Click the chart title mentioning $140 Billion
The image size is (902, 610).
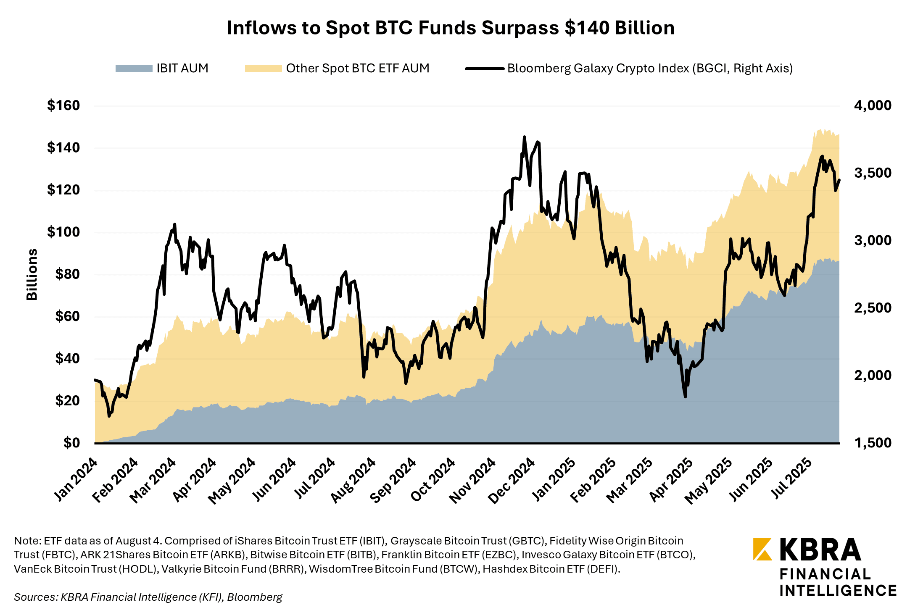pyautogui.click(x=451, y=28)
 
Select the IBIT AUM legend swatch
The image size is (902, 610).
pyautogui.click(x=134, y=68)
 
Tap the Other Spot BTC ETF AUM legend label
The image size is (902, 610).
pyautogui.click(x=358, y=68)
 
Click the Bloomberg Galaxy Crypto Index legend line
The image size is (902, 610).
pyautogui.click(x=485, y=68)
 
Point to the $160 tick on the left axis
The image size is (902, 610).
pyautogui.click(x=63, y=105)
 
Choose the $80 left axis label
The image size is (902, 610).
pyautogui.click(x=67, y=274)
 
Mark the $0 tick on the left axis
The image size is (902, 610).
pyautogui.click(x=71, y=443)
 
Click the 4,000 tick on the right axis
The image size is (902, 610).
pyautogui.click(x=873, y=105)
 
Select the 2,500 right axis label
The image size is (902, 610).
pyautogui.click(x=873, y=308)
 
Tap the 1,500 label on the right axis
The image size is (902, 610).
pyautogui.click(x=873, y=443)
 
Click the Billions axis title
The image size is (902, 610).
pyautogui.click(x=32, y=274)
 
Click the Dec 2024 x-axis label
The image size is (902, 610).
pyautogui.click(x=512, y=481)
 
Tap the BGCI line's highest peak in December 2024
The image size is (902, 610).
pyautogui.click(x=524, y=137)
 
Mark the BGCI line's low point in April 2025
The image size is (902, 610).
pyautogui.click(x=685, y=397)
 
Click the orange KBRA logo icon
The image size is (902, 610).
pyautogui.click(x=762, y=549)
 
